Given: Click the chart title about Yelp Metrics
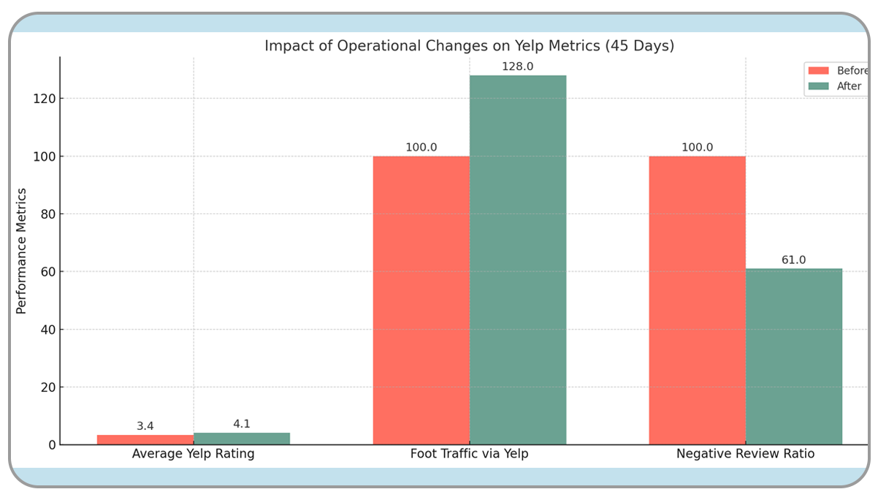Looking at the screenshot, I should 469,46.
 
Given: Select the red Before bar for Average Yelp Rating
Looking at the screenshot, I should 145,439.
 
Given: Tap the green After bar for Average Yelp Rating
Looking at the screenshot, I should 242,439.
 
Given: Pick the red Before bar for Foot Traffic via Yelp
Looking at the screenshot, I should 421,300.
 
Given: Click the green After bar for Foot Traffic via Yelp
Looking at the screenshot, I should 518,260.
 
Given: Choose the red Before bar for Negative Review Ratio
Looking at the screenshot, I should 698,300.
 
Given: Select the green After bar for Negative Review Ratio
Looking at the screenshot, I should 794,356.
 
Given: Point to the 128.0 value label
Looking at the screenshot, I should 517,67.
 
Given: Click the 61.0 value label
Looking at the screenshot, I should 793,260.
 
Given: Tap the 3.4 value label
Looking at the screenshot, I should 145,426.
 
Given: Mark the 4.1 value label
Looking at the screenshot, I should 242,424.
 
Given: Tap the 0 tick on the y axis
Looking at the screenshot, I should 51,445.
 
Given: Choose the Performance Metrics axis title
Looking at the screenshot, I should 22,251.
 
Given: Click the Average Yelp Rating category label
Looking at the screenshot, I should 194,454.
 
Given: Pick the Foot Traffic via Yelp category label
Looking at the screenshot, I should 469,454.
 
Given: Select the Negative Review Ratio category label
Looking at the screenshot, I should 745,454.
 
